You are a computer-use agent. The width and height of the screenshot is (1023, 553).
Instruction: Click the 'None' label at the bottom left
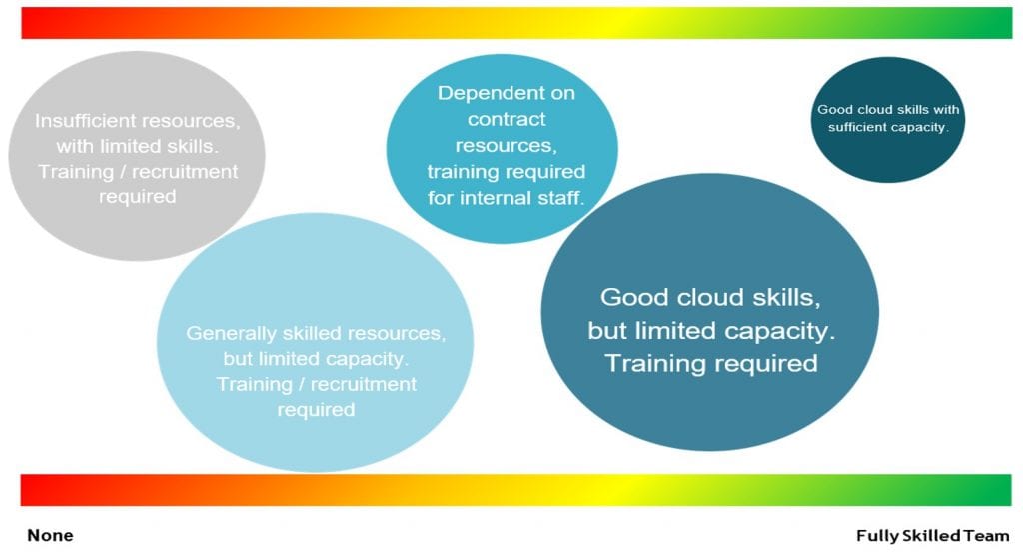(50, 535)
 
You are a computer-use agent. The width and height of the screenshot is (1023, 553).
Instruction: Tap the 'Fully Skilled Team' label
(932, 535)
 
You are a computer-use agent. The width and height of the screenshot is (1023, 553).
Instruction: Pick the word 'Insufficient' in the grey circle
(85, 120)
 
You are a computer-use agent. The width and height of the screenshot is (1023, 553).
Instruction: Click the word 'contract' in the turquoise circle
(507, 119)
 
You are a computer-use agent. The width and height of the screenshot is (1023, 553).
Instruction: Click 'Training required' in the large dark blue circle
(711, 362)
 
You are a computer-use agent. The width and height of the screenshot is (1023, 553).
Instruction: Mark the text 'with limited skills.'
(138, 146)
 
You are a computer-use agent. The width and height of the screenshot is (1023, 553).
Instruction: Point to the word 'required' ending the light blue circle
(316, 409)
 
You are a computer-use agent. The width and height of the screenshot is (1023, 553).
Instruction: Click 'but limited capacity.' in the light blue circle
(316, 358)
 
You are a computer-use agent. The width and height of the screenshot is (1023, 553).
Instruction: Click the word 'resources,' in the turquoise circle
(507, 145)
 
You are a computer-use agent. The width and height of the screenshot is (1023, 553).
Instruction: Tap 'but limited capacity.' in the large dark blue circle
(710, 330)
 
